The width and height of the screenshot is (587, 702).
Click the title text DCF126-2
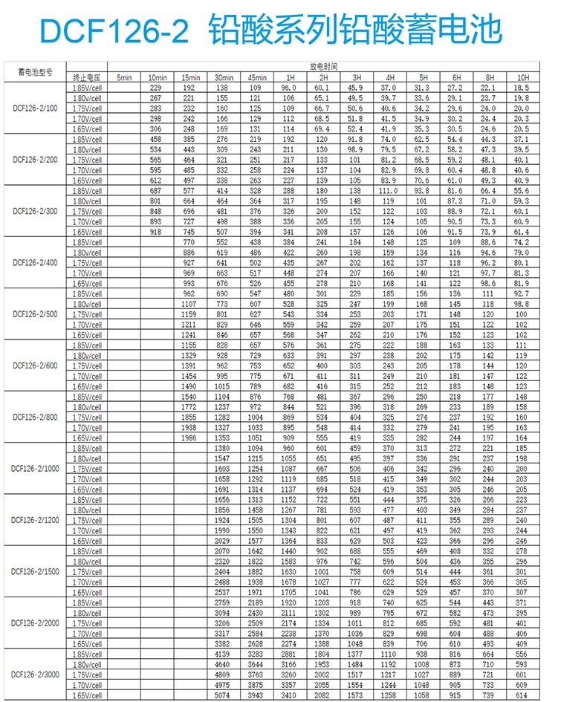pos(111,30)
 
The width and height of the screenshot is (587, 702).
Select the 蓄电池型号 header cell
pos(35,72)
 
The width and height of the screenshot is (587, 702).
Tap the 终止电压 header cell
pos(86,77)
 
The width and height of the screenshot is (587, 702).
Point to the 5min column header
pos(123,77)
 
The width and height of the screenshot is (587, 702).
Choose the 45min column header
pos(257,77)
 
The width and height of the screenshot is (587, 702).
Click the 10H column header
pos(523,77)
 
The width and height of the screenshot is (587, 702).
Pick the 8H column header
pos(489,77)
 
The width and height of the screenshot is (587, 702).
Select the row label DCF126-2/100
pos(35,108)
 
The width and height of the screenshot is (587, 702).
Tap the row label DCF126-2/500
pos(35,314)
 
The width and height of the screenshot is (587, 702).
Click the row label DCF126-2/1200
pos(35,520)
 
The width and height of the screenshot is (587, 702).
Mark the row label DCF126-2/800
pos(35,417)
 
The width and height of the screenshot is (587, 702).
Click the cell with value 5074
pos(222,695)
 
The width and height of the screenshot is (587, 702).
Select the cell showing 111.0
pos(388,191)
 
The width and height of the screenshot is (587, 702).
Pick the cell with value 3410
pos(288,695)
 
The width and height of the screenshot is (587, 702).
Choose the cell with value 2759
pos(222,602)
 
